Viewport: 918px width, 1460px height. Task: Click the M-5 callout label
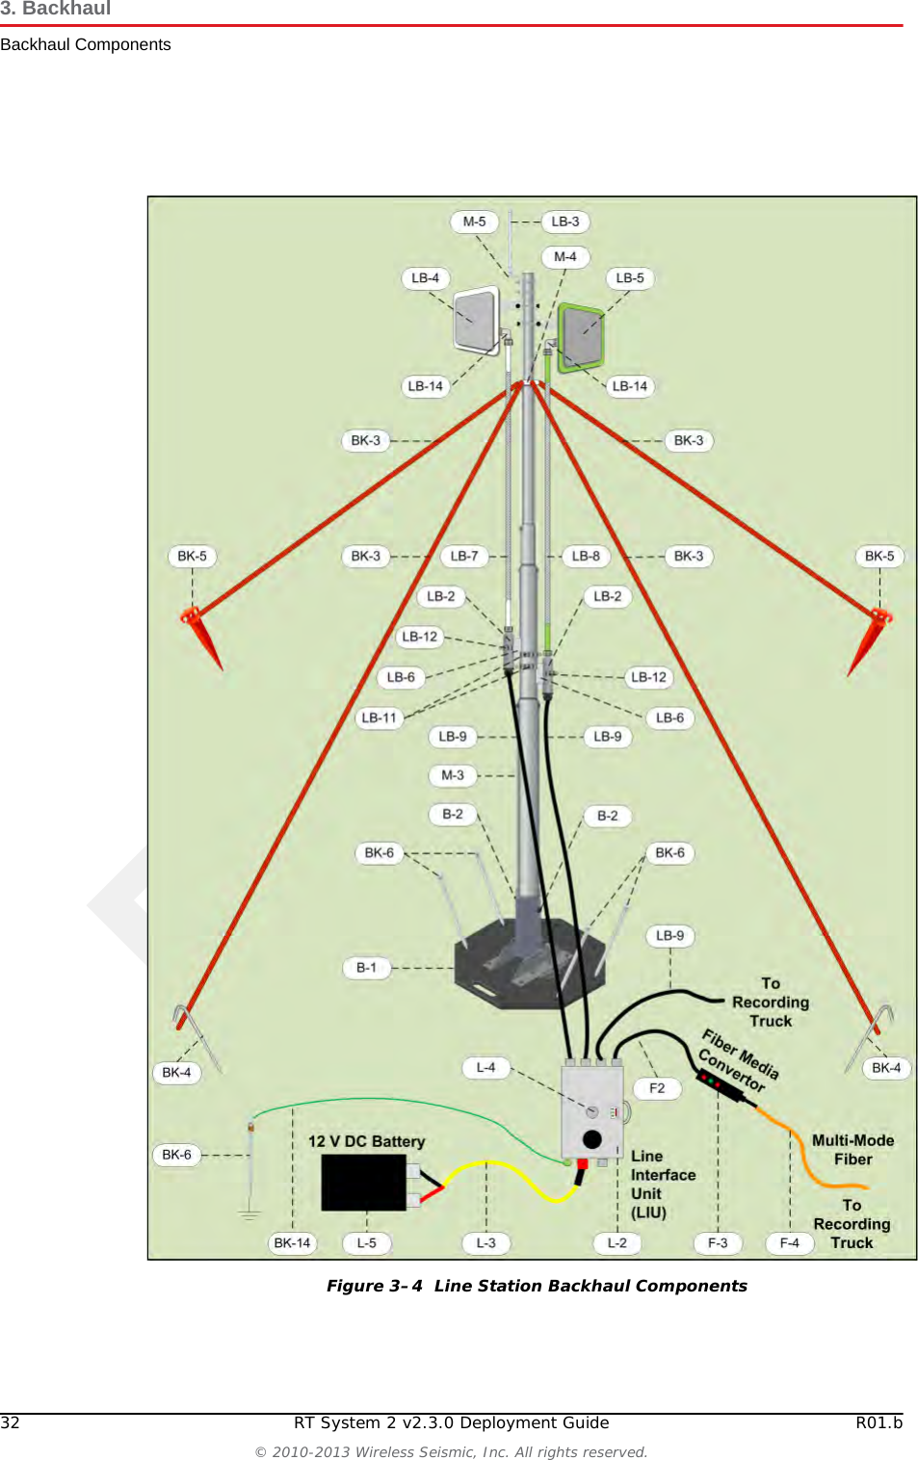474,222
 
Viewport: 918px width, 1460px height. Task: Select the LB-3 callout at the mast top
565,222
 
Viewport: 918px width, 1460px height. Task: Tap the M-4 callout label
565,257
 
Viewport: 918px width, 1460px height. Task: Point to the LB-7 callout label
464,556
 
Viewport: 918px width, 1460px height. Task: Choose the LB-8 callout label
586,556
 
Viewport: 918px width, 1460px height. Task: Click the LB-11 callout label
379,717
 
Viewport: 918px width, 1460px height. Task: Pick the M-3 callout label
453,775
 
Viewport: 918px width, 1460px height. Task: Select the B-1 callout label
367,968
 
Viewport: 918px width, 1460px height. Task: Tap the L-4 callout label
486,1067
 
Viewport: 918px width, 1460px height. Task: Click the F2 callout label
657,1088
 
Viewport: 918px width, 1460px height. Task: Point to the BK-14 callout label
292,1243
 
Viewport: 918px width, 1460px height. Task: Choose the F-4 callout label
790,1243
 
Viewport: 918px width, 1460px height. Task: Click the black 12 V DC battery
364,1182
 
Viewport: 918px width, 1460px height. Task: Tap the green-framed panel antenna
581,337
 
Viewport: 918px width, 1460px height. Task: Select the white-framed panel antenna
477,321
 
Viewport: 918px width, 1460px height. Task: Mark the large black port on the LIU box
592,1139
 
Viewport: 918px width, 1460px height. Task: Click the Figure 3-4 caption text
537,1286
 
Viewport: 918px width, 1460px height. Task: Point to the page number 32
11,1422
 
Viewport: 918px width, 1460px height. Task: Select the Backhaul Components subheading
86,44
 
